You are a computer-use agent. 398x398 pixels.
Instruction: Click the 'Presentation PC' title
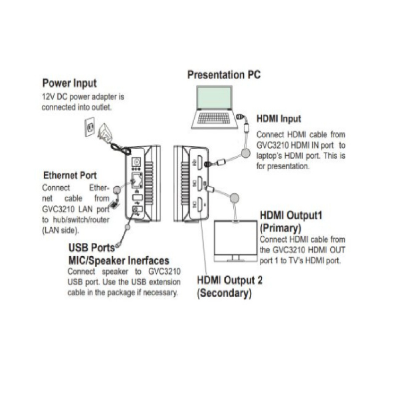(x=223, y=75)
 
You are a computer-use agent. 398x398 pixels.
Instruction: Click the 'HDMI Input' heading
(x=279, y=119)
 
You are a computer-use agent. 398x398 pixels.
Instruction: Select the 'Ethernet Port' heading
(x=70, y=176)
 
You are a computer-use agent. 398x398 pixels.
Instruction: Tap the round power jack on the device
(x=136, y=161)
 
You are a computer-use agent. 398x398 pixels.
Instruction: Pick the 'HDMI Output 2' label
(x=229, y=280)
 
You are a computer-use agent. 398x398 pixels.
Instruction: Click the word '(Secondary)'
(x=223, y=293)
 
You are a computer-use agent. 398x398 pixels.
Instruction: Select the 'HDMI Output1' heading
(x=291, y=216)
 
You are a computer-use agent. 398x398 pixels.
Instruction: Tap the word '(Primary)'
(x=280, y=228)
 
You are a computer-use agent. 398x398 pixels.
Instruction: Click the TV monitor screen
(x=236, y=239)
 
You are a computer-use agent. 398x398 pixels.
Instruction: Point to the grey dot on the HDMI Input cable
(x=245, y=154)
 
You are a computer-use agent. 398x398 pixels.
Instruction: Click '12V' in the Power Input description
(x=48, y=97)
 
